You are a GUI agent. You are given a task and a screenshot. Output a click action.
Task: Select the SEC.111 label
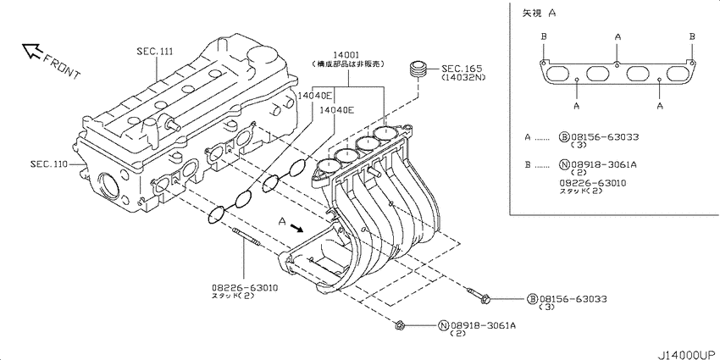(154, 53)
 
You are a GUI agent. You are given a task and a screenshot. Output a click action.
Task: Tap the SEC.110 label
(48, 163)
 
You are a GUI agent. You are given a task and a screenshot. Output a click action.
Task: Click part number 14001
(345, 53)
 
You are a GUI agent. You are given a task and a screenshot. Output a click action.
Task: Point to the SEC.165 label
(462, 67)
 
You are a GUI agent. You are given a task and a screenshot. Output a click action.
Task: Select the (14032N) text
(462, 77)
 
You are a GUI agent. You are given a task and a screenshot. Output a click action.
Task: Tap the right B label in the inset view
(692, 37)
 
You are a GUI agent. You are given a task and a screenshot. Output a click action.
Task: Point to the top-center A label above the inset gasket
(618, 37)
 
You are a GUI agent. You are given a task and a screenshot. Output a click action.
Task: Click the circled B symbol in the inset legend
(563, 136)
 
